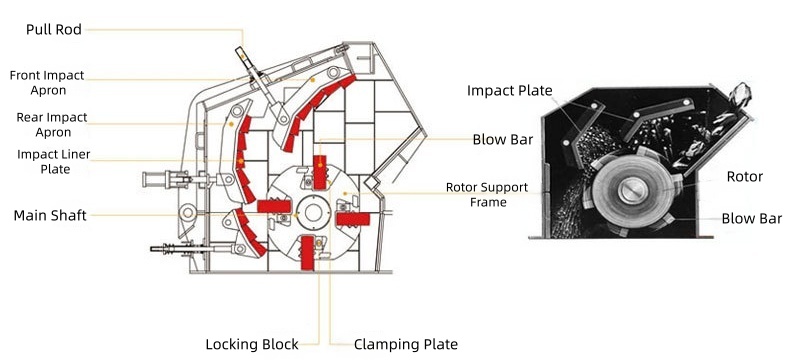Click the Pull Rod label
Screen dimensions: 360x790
53,30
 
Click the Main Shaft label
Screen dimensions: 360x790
49,215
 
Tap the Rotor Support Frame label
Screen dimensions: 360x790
476,194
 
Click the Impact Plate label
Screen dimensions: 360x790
510,91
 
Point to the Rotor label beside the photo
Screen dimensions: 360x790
744,177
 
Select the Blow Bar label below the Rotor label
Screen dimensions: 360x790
751,218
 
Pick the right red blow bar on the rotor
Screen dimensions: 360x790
353,218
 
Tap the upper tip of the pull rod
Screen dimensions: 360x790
240,32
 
